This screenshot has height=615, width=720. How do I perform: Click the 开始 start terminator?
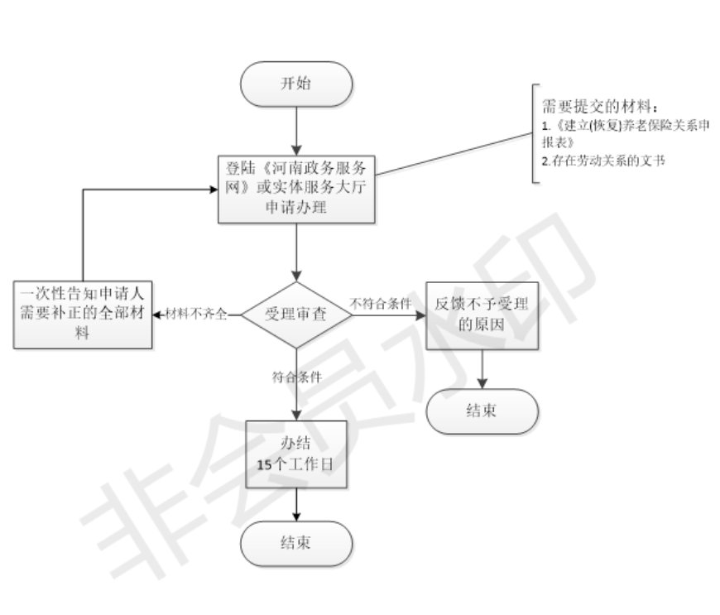coord(296,84)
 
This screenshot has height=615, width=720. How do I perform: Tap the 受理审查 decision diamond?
coord(296,315)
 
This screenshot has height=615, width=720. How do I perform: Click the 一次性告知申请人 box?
coord(84,315)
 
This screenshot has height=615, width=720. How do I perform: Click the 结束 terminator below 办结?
coord(296,543)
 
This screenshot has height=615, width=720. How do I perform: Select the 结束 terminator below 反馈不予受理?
coord(482,411)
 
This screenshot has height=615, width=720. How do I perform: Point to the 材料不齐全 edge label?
coord(196,315)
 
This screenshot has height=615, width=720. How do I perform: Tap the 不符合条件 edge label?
coord(380,303)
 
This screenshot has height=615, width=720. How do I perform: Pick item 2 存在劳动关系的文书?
coord(603,161)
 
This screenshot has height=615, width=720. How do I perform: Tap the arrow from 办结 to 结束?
coord(296,504)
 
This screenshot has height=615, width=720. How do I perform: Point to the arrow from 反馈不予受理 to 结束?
coord(482,369)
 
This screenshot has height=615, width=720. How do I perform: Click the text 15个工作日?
coord(295,465)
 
